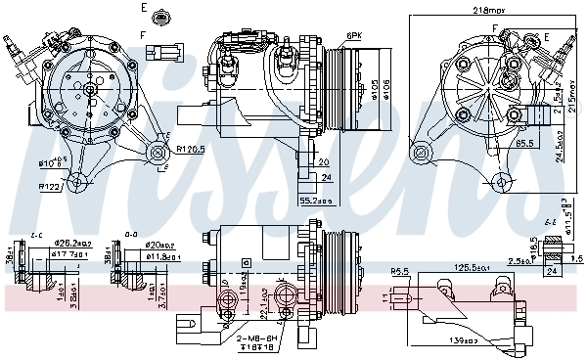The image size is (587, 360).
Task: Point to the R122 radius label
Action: (x=51, y=185)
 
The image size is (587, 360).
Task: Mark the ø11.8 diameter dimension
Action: (x=162, y=256)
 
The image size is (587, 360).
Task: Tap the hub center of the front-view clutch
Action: (x=89, y=89)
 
